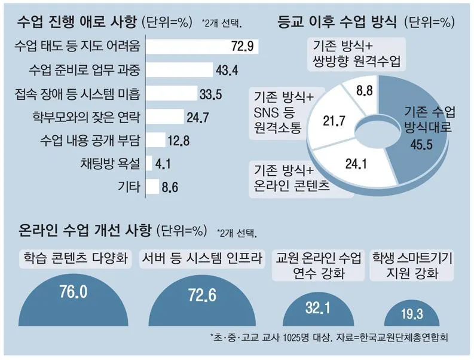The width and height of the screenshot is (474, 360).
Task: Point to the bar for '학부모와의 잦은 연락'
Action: pos(164,116)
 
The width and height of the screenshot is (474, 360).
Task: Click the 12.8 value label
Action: pos(179,141)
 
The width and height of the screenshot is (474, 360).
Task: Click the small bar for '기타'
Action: pos(152,187)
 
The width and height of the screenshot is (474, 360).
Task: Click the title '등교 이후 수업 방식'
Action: pos(337,22)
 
